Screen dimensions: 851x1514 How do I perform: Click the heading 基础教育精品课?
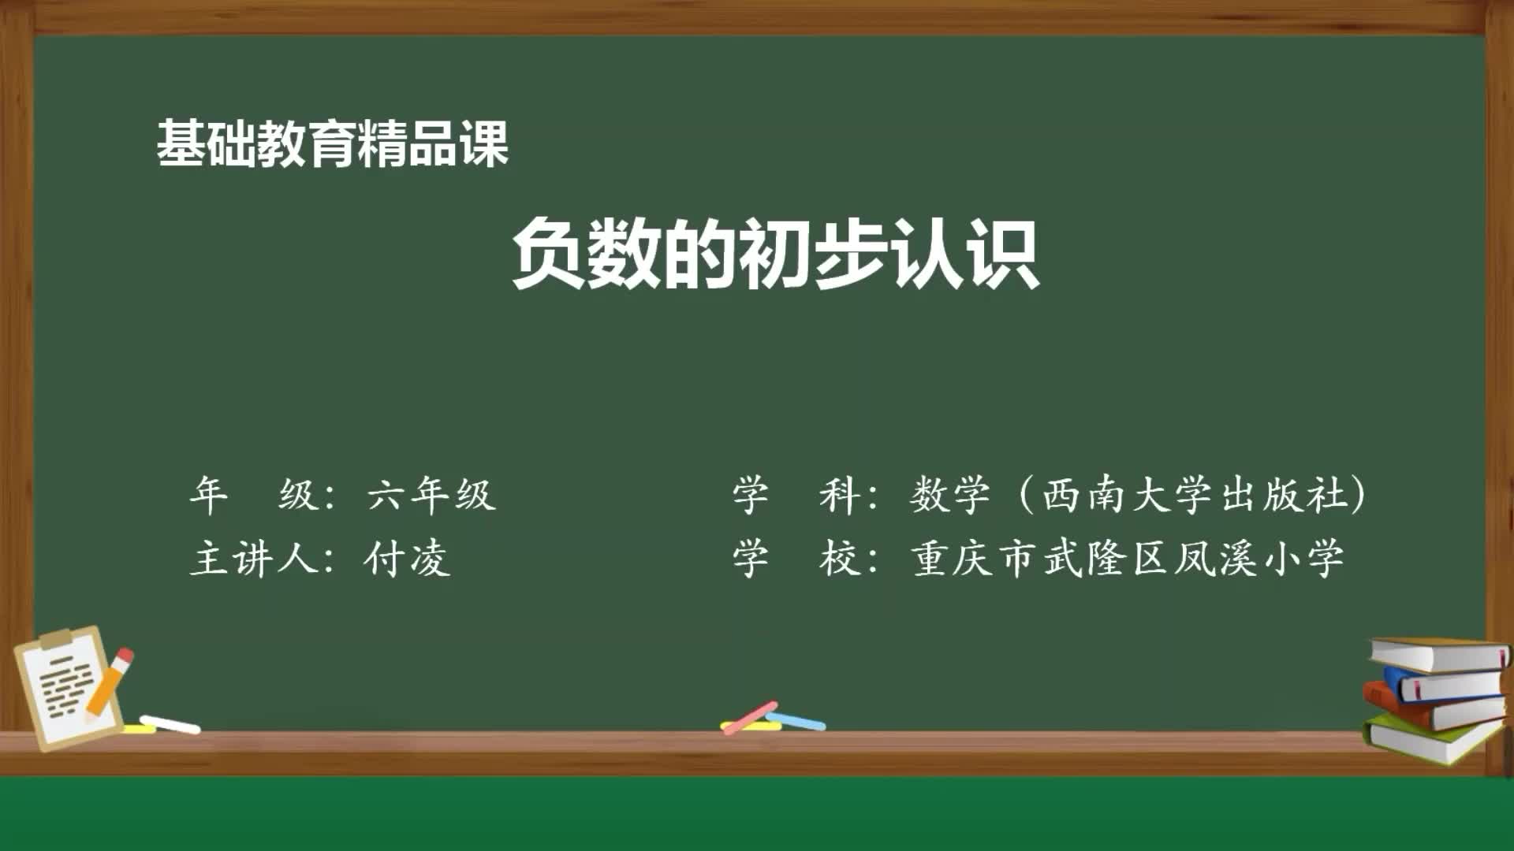coord(332,144)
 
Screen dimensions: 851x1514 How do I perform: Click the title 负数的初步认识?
coord(775,255)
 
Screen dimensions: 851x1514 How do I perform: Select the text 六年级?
coord(431,496)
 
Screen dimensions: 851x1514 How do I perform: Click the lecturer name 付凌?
coord(407,559)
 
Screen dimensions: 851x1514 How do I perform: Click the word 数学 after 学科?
coord(949,496)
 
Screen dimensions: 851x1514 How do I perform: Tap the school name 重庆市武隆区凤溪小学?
coord(1128,559)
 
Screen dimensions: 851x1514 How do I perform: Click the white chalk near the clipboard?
coord(170,723)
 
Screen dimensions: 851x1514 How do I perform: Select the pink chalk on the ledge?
coord(749,717)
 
